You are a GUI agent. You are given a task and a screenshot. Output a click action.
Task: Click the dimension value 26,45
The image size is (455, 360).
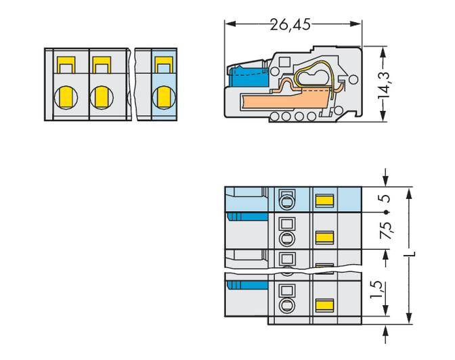(x=290, y=24)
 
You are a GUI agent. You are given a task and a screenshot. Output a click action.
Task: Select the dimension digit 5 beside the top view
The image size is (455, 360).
(x=385, y=200)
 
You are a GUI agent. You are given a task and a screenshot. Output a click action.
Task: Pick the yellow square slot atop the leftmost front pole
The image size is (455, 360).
(x=66, y=66)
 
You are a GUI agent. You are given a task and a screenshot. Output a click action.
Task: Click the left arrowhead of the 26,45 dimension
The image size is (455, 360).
(x=228, y=24)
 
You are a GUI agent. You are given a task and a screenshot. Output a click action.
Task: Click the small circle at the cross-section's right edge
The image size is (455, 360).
(x=352, y=81)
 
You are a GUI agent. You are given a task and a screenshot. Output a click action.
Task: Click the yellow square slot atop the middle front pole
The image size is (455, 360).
(x=101, y=66)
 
